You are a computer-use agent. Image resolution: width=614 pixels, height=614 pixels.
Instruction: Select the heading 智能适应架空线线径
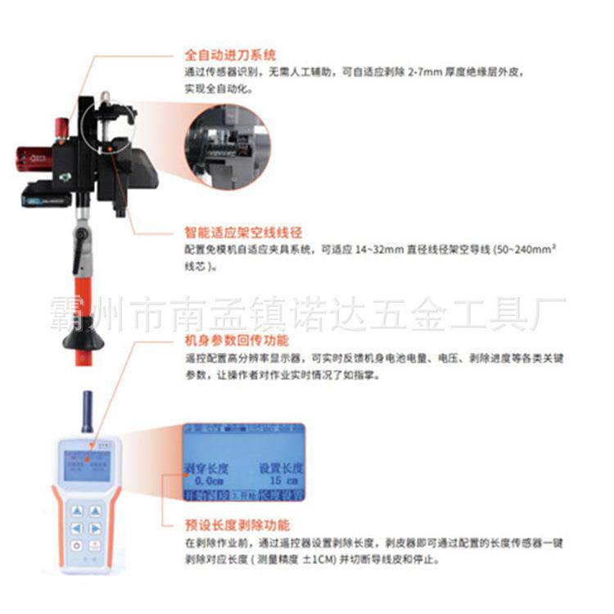[x=237, y=232]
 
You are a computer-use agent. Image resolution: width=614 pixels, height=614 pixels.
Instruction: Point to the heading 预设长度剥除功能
[x=237, y=525]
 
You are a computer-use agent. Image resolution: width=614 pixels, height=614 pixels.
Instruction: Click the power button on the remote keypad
[x=76, y=545]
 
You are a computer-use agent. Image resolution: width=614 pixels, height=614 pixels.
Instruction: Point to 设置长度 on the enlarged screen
[x=281, y=468]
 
